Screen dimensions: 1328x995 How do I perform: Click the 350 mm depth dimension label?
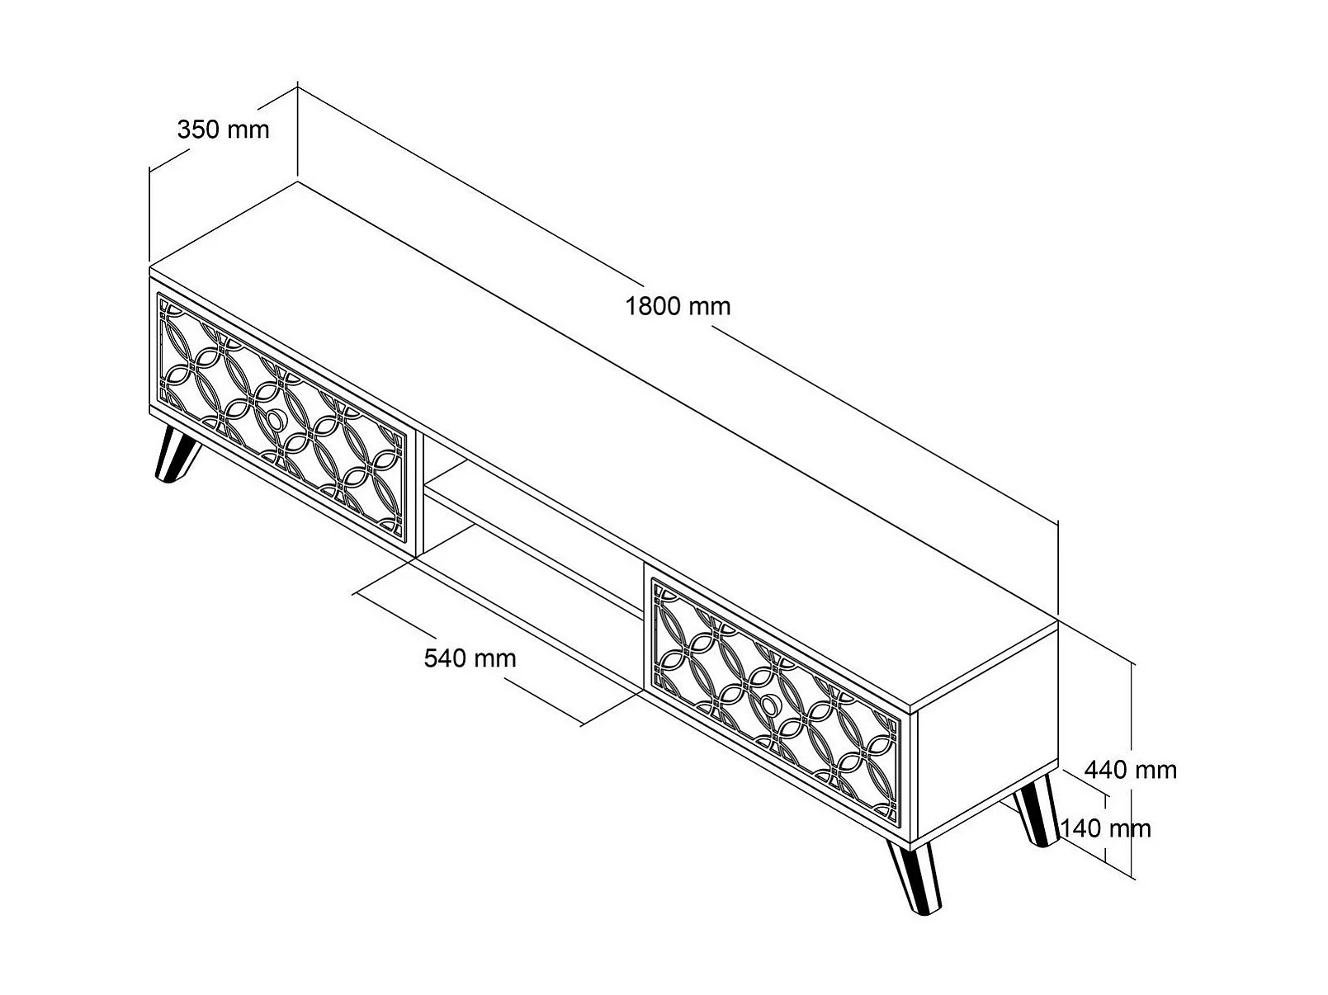(223, 130)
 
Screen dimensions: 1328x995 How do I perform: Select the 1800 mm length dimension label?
(678, 306)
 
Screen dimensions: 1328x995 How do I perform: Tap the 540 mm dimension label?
(470, 658)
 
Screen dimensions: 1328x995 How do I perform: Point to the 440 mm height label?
(1130, 770)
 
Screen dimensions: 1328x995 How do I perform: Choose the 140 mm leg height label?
(1105, 828)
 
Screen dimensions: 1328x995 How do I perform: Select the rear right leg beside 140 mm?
(1037, 813)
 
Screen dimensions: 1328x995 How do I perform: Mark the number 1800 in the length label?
(653, 306)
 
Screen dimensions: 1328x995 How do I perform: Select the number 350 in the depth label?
(198, 130)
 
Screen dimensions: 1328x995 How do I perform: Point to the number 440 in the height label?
(1106, 770)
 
